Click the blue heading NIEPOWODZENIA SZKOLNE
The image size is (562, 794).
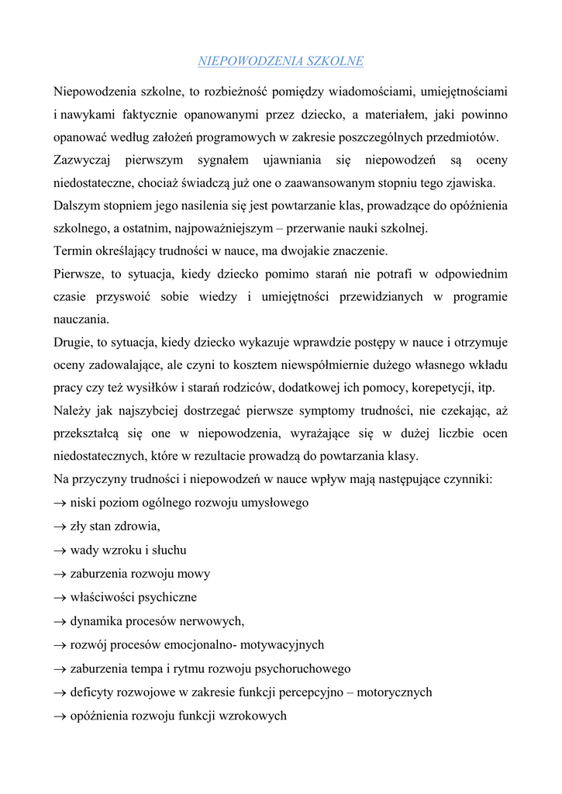coord(281,60)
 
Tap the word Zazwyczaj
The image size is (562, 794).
coord(83,161)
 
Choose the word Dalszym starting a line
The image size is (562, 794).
coord(78,206)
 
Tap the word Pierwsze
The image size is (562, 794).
coord(81,274)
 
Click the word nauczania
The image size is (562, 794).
coord(81,319)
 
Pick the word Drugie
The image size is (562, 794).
coord(74,342)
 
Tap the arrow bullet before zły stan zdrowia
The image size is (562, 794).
coord(60,526)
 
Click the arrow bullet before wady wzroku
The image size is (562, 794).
coord(60,551)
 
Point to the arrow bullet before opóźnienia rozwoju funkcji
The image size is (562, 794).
coord(60,716)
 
